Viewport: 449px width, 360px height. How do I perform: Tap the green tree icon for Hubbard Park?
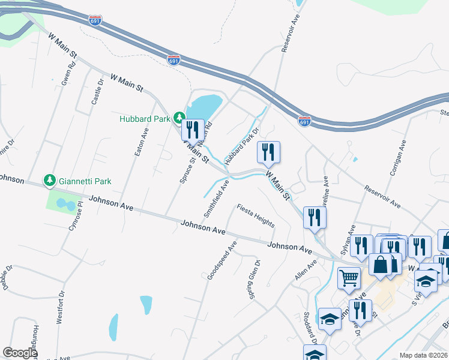click(178, 117)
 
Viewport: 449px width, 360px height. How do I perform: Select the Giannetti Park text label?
click(84, 180)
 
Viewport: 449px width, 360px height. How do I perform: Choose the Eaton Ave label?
click(141, 143)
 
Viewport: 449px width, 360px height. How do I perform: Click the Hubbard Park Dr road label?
click(241, 146)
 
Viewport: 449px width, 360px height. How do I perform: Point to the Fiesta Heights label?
click(256, 216)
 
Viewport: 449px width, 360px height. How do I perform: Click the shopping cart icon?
click(349, 278)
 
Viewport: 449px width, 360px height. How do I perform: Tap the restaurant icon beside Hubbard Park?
click(193, 130)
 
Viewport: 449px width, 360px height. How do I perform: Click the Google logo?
click(20, 353)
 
